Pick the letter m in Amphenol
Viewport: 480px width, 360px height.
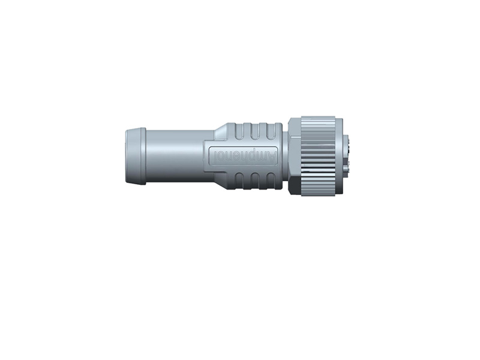(x=264, y=157)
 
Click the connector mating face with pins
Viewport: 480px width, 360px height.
(x=346, y=156)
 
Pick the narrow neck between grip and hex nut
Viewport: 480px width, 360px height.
(x=284, y=156)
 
